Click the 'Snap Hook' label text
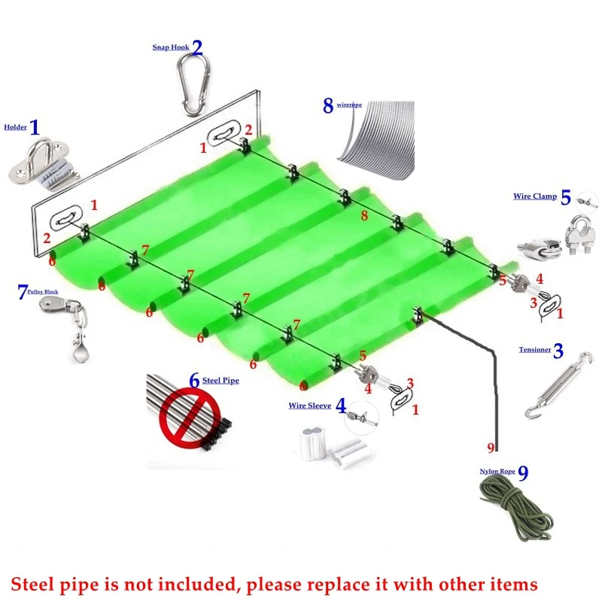point(171,47)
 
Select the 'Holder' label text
point(15,127)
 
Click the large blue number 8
point(328,105)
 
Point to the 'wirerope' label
point(349,105)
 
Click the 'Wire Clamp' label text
point(535,196)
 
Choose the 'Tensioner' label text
point(535,350)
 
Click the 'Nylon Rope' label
point(497,472)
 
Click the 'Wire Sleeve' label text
point(310,406)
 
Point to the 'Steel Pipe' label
point(220,381)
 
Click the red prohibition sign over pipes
point(190,417)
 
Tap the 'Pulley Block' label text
point(43,292)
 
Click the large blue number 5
point(566,197)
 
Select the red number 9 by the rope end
point(491,448)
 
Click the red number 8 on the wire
point(364,216)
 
